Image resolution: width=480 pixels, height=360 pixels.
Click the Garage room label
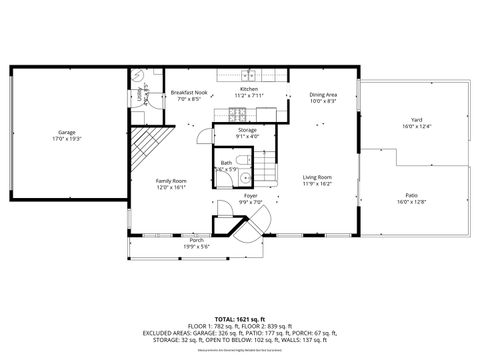[66, 132]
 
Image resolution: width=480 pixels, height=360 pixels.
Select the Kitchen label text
[248, 90]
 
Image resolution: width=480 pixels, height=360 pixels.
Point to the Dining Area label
[322, 95]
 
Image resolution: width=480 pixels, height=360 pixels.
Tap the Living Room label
[317, 177]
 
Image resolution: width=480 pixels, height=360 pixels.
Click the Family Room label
[171, 181]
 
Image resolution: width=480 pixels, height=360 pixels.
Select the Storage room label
[247, 130]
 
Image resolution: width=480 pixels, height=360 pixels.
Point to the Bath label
[226, 162]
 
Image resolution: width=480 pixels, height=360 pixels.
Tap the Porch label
[197, 240]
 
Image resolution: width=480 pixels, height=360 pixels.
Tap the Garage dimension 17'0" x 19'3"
[66, 138]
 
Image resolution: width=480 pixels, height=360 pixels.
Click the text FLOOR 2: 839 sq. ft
[275, 324]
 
